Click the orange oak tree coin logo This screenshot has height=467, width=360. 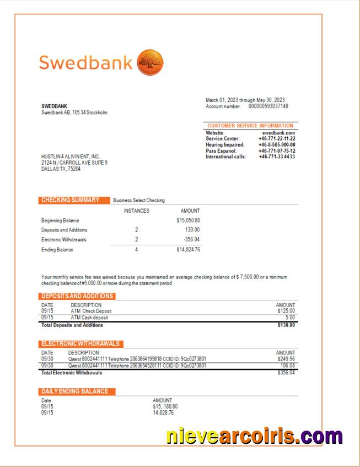(149, 62)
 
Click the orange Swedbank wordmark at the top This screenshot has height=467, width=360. (85, 62)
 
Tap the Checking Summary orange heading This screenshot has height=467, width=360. (70, 200)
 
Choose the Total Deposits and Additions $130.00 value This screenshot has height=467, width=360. (286, 325)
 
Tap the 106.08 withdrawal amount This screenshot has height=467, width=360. (287, 365)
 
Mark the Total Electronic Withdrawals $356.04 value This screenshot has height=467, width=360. (286, 373)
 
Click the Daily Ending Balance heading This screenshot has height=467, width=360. (77, 391)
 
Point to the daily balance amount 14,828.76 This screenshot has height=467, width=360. (163, 412)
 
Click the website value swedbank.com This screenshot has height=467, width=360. (278, 133)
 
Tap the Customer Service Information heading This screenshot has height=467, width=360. (250, 126)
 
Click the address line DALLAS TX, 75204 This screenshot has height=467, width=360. (60, 169)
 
